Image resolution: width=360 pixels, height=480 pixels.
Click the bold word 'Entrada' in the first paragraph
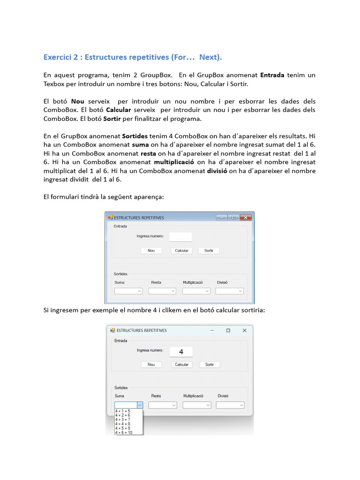click(x=272, y=75)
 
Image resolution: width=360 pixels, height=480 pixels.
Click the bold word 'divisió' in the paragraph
click(x=217, y=171)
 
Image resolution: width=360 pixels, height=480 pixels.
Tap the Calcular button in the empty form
click(x=181, y=251)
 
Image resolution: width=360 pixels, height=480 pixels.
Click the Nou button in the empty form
click(x=151, y=251)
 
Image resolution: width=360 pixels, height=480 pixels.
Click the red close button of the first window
click(x=245, y=217)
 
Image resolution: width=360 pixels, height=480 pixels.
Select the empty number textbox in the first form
click(x=180, y=237)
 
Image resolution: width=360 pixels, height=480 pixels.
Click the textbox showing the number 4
click(x=181, y=352)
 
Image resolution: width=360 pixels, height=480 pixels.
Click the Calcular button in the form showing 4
click(x=181, y=364)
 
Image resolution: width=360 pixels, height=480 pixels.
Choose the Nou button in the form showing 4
click(x=151, y=364)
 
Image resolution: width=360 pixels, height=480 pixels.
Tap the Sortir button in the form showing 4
click(x=210, y=364)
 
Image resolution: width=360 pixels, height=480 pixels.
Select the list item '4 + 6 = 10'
click(x=124, y=432)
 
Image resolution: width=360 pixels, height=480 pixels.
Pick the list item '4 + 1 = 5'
click(x=123, y=411)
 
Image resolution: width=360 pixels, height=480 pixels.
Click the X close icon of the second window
click(x=244, y=330)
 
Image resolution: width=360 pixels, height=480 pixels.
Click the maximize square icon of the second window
click(x=228, y=330)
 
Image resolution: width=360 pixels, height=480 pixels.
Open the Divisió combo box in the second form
click(x=230, y=405)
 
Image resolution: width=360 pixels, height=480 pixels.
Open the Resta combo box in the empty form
click(x=162, y=291)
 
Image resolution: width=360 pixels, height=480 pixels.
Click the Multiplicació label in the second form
click(x=193, y=396)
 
